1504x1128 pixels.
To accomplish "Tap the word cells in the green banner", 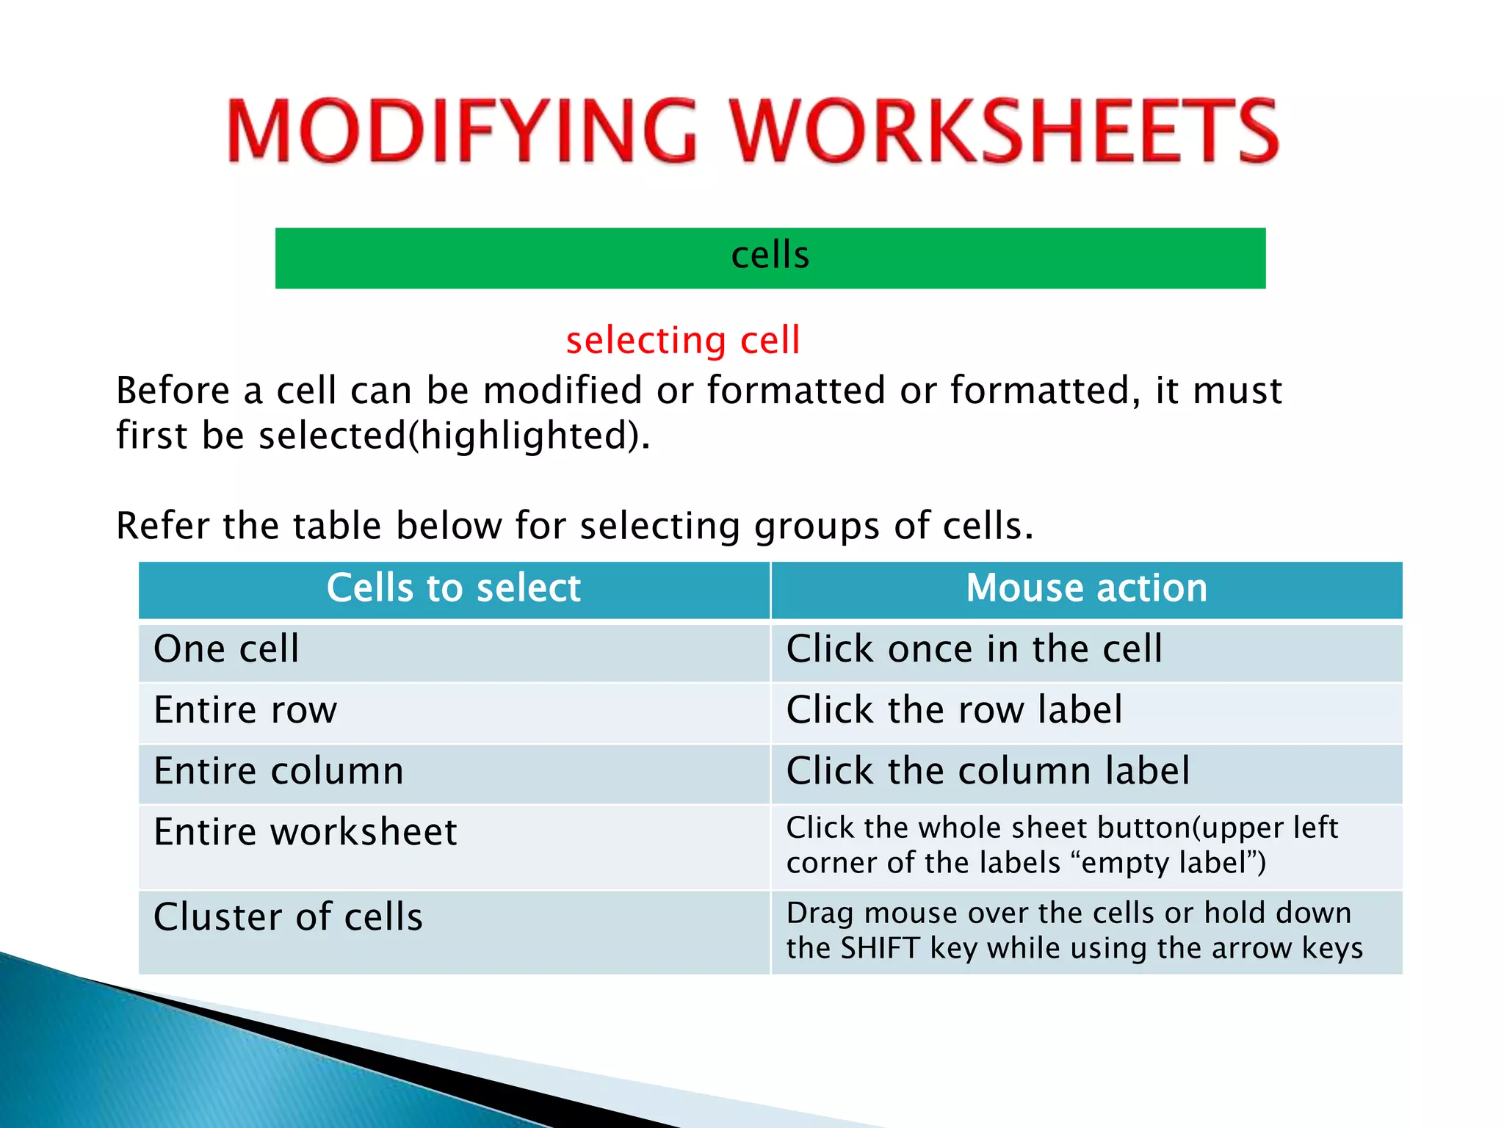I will (770, 256).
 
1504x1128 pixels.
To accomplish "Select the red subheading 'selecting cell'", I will (682, 341).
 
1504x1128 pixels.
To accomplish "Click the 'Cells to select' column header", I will (454, 588).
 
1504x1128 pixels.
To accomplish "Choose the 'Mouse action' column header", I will (1086, 588).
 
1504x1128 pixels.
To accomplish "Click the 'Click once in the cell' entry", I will (974, 649).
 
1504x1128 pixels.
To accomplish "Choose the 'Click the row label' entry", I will (954, 710).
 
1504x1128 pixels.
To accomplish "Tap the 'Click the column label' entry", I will (988, 771).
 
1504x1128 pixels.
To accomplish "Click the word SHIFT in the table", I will (880, 948).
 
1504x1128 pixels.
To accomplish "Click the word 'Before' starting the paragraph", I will (173, 390).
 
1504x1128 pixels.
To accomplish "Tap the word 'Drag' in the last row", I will (820, 913).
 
